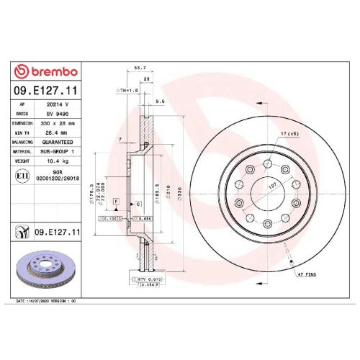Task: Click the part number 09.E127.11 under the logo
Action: pos(44,91)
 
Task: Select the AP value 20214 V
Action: pos(57,104)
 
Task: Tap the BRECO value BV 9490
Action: pos(57,114)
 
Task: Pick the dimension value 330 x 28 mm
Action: pos(58,123)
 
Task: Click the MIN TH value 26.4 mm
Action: pos(57,132)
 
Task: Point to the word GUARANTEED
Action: pos(58,142)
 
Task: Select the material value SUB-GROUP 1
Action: pos(58,151)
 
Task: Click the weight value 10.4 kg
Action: pos(58,161)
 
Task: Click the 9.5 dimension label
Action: pos(160,102)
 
